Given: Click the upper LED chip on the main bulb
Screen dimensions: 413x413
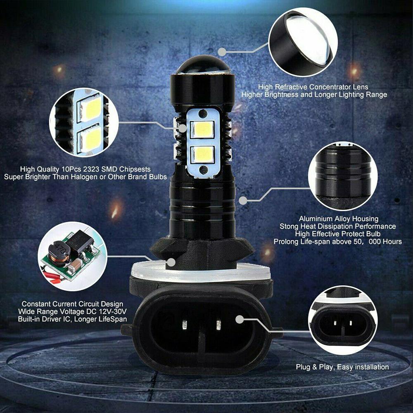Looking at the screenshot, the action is point(202,130).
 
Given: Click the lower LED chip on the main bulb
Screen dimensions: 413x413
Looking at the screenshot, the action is point(202,154).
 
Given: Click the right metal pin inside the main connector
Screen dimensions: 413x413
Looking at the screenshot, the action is point(218,325).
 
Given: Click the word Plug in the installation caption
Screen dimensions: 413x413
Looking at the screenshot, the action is point(303,367).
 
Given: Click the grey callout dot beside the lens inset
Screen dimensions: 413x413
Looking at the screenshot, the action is point(222,52).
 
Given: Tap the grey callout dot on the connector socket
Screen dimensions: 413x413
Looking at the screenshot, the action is point(240,320).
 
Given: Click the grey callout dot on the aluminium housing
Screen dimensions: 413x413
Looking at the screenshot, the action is point(243,200).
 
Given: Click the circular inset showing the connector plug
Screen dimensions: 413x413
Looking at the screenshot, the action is point(343,320).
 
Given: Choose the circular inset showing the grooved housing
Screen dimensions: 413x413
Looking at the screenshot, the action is point(343,176).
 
